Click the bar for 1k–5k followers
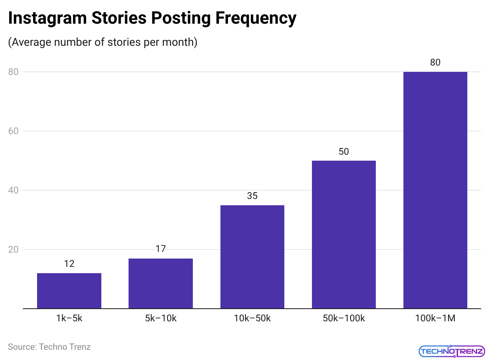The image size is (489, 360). tap(69, 291)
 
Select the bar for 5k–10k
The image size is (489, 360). tap(161, 283)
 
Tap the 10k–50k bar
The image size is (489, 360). tap(252, 257)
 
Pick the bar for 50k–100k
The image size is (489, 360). tap(343, 234)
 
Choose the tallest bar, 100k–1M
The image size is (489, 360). tap(435, 190)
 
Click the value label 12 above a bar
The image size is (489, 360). tap(69, 264)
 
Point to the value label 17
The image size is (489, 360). tap(161, 249)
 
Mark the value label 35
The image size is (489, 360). tap(252, 196)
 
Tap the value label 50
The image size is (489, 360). tap(343, 152)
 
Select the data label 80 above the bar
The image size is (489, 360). tap(435, 62)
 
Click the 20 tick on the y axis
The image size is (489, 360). tap(14, 249)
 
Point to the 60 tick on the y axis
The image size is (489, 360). tap(14, 131)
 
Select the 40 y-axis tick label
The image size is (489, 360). tap(14, 190)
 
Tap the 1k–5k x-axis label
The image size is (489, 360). tap(69, 318)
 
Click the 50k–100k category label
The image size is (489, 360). tap(343, 318)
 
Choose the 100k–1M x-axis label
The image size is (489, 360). tap(435, 318)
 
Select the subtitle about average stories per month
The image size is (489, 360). tap(103, 42)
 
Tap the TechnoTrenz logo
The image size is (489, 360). tap(451, 351)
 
